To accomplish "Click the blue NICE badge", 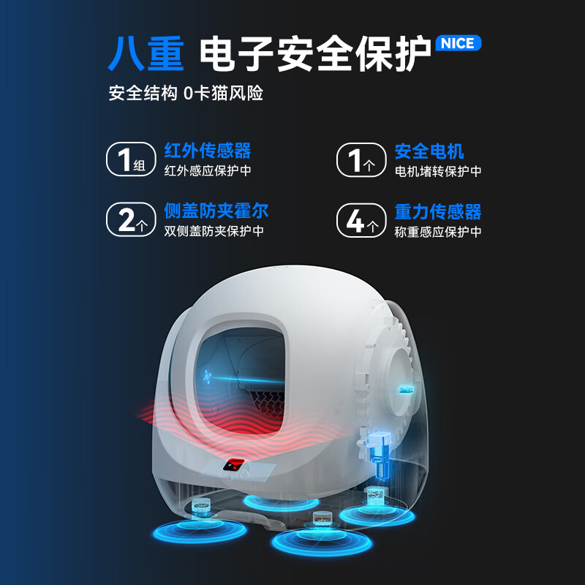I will tap(458, 43).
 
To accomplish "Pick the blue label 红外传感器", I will tap(208, 151).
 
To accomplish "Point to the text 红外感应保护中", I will tap(208, 171).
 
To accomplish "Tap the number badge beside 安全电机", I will tap(360, 159).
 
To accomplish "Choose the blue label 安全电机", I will tap(429, 151).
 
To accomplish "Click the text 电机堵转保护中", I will tap(438, 171).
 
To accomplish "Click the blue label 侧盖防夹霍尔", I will tap(216, 212).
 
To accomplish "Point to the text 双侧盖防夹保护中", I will tap(214, 231).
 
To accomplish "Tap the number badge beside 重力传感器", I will tap(360, 219).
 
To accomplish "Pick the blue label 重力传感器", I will tap(438, 212).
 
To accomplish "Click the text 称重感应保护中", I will tap(438, 231).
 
